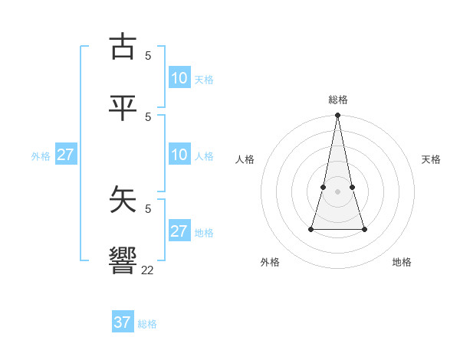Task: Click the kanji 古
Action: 123,47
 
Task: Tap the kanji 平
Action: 123,108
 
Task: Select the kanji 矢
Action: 123,200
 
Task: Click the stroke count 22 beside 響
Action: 147,270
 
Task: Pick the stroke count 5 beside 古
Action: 148,55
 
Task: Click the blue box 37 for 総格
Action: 123,322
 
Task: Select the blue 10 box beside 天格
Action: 179,78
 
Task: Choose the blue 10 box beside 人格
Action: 179,155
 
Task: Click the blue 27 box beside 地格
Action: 179,231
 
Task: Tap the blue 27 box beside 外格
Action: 65,155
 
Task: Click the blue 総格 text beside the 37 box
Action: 147,324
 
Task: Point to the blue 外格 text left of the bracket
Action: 41,156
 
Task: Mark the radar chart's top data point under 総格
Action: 337,116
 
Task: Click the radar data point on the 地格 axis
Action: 364,229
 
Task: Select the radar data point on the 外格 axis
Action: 311,229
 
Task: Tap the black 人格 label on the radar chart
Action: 245,159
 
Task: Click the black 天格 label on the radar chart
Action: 431,159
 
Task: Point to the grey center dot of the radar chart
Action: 337,191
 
